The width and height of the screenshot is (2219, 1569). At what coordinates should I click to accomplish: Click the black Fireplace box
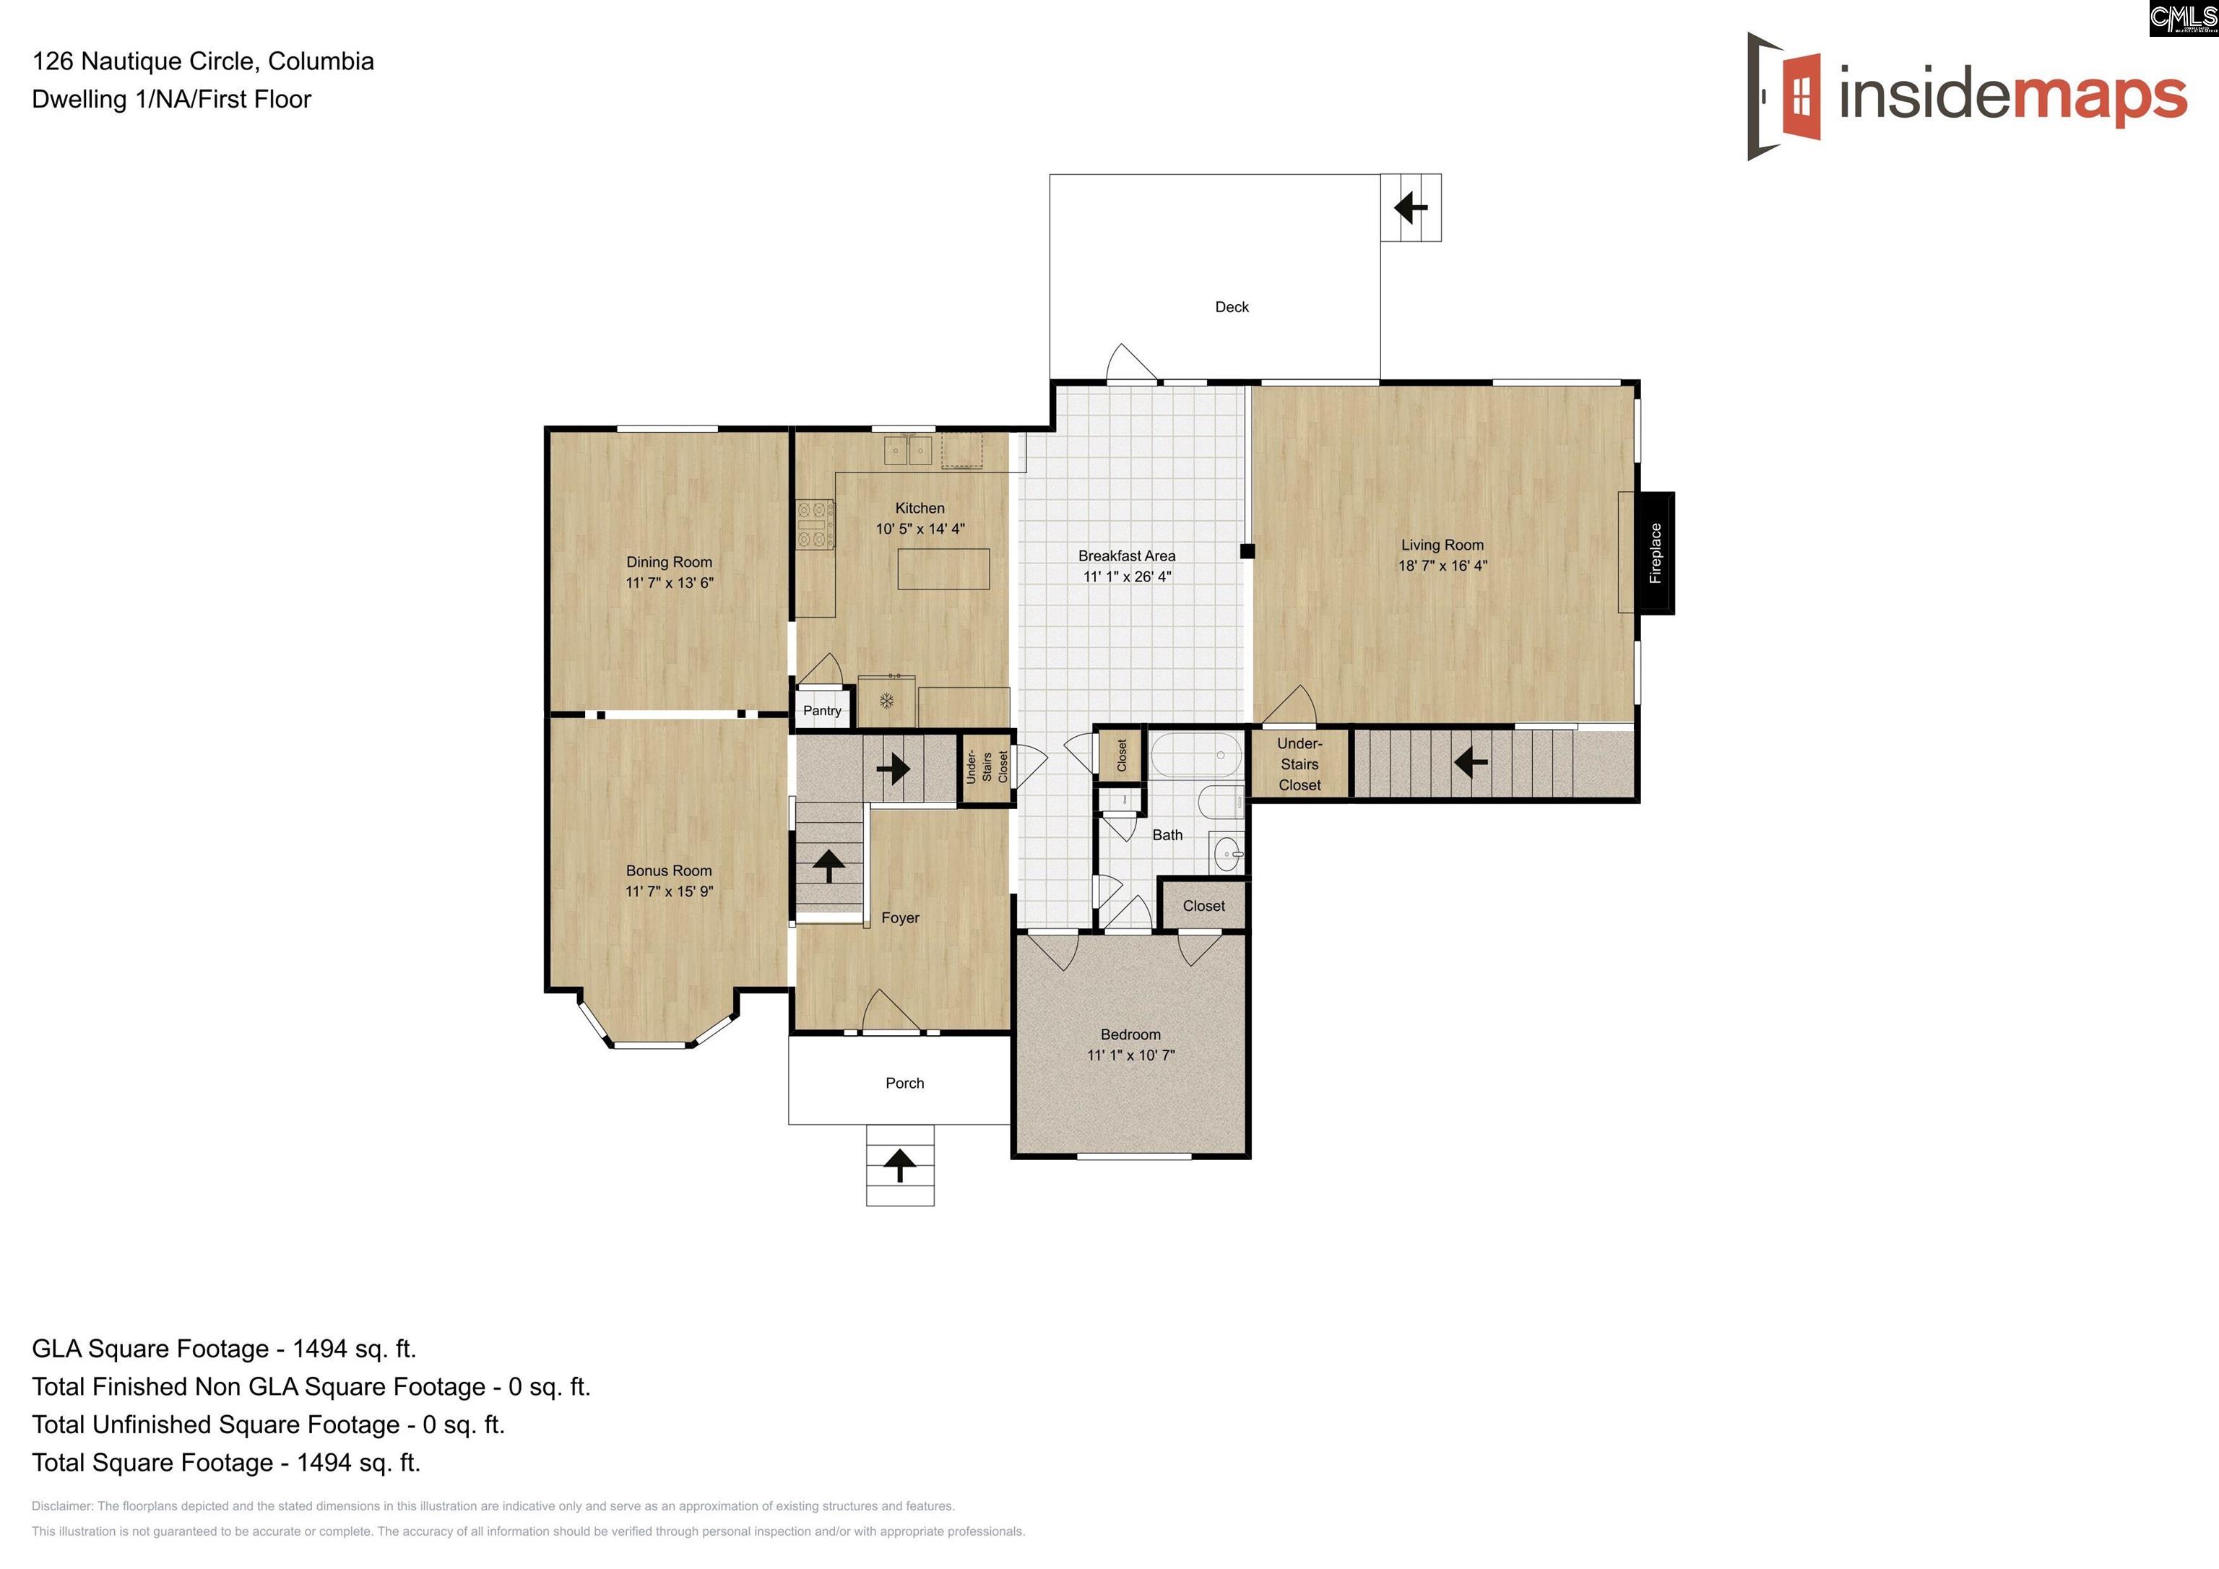pyautogui.click(x=1656, y=553)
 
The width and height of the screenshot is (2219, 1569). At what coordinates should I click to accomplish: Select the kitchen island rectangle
pyautogui.click(x=943, y=569)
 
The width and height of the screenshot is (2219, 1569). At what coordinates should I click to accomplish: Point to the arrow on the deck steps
pyautogui.click(x=1411, y=207)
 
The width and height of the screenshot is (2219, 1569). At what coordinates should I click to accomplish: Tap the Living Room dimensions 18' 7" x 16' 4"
pyautogui.click(x=1443, y=566)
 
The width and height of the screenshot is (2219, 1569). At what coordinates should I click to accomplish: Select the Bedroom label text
pyautogui.click(x=1130, y=1034)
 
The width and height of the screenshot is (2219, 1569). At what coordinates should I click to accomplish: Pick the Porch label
pyautogui.click(x=904, y=1083)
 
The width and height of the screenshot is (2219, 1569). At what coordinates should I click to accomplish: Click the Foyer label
pyautogui.click(x=900, y=917)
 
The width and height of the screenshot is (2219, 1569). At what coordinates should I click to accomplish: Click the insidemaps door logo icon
pyautogui.click(x=1784, y=95)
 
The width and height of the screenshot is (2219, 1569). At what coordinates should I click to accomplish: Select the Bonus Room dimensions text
pyautogui.click(x=669, y=891)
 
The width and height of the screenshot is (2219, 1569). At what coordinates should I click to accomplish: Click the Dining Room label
pyautogui.click(x=669, y=562)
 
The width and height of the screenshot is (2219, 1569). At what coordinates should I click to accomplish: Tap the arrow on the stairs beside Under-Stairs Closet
pyautogui.click(x=1471, y=763)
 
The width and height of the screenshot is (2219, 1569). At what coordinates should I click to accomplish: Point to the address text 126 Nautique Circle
pyautogui.click(x=145, y=61)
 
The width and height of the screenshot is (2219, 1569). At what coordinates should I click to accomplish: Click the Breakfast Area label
pyautogui.click(x=1127, y=556)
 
